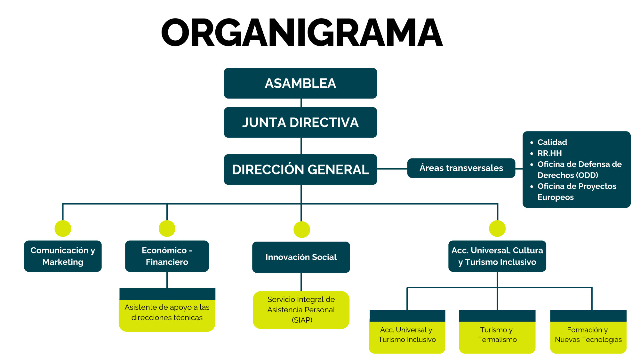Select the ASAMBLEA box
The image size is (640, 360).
click(x=300, y=83)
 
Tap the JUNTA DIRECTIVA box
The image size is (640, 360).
click(x=300, y=123)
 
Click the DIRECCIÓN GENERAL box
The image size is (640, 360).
click(x=300, y=170)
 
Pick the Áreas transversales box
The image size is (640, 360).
click(x=461, y=168)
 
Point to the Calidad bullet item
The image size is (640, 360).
click(x=552, y=142)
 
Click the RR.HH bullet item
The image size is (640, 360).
click(x=549, y=153)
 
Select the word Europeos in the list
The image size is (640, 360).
click(x=556, y=197)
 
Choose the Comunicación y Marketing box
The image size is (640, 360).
click(x=63, y=256)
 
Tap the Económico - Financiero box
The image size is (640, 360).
click(x=167, y=256)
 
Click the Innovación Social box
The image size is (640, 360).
click(x=301, y=257)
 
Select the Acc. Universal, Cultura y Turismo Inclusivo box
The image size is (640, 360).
click(x=497, y=256)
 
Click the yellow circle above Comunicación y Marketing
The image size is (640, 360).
click(x=63, y=228)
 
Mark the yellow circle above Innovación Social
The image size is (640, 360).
click(x=302, y=229)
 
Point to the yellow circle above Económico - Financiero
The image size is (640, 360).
click(x=167, y=228)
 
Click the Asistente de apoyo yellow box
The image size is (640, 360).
click(x=167, y=312)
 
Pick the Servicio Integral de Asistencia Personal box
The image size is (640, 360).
click(x=301, y=310)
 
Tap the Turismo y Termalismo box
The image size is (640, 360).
click(x=497, y=335)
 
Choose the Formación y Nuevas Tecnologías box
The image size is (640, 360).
click(x=588, y=335)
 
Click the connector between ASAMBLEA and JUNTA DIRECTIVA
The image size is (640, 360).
click(x=301, y=103)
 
